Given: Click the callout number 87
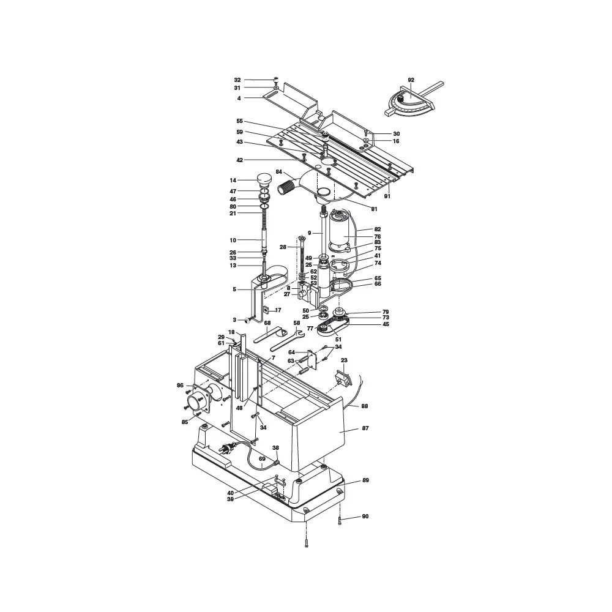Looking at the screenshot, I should [x=365, y=429].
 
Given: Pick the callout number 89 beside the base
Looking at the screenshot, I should [x=365, y=480].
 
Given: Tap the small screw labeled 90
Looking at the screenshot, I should [x=339, y=520].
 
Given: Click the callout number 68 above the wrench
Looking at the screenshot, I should [x=267, y=323].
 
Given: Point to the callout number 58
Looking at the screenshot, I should [x=296, y=323].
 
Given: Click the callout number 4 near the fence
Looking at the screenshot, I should [x=239, y=98].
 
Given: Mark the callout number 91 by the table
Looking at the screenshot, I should [x=387, y=196].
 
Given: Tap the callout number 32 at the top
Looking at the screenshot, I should [x=237, y=80].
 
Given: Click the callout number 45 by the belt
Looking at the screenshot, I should [x=386, y=324].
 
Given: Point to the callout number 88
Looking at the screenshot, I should [x=365, y=406].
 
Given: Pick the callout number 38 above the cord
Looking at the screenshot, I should [x=275, y=447].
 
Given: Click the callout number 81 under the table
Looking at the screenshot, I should [x=374, y=209].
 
